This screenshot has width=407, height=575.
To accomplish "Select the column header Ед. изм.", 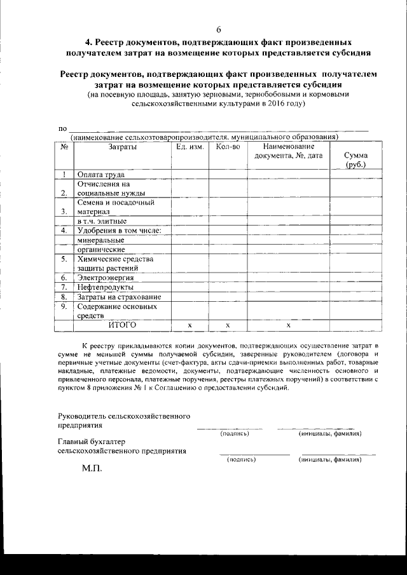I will click(190, 147).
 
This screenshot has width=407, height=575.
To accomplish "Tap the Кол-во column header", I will click(228, 147).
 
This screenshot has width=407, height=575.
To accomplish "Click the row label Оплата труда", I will click(100, 174).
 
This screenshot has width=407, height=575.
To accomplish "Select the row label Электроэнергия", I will click(106, 278).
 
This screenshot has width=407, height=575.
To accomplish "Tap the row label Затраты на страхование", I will click(119, 297).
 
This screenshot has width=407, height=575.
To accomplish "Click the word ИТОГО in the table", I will click(122, 325).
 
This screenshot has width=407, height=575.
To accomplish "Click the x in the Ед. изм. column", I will click(190, 325).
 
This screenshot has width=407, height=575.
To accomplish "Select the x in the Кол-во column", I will click(227, 325).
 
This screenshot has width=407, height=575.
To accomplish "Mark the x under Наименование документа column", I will click(288, 325).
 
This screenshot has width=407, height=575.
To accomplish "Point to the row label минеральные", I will click(100, 240).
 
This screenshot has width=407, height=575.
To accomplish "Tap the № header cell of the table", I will click(64, 147).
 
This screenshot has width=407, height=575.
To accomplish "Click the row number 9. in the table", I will click(64, 306).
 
